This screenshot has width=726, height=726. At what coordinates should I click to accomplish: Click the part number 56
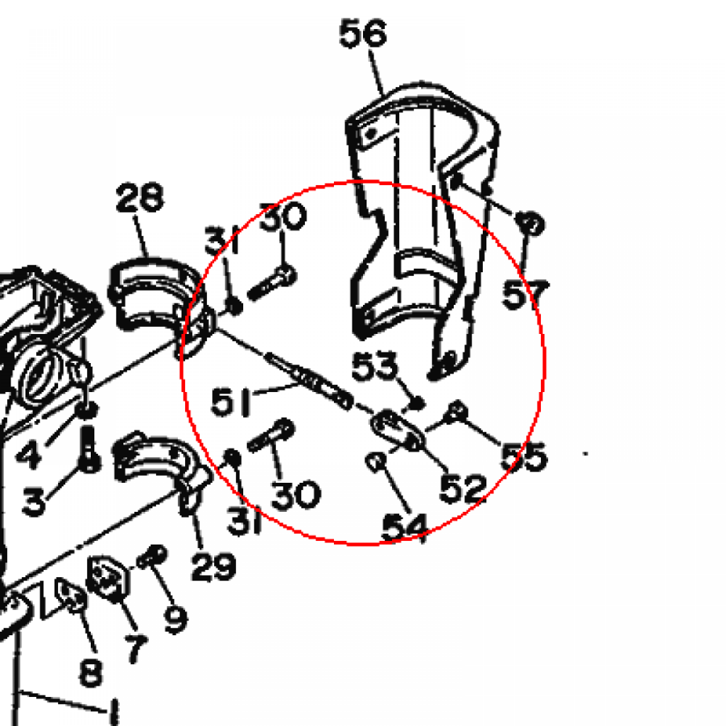click(x=362, y=33)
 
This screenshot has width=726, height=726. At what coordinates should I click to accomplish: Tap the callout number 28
click(x=140, y=197)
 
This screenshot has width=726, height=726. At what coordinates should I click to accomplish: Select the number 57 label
click(x=525, y=294)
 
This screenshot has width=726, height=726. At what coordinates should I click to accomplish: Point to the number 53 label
click(x=374, y=366)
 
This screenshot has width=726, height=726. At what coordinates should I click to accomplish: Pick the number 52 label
click(x=462, y=488)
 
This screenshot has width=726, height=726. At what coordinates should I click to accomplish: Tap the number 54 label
click(x=404, y=527)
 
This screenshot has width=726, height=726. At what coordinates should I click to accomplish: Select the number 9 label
click(x=177, y=619)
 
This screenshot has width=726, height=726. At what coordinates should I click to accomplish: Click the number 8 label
click(x=91, y=672)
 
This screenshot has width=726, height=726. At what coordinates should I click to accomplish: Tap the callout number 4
click(x=28, y=454)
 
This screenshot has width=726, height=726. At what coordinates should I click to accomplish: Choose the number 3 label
click(x=34, y=502)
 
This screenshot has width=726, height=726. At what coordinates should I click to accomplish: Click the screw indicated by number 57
click(x=530, y=223)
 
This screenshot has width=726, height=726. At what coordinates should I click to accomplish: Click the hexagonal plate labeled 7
click(x=108, y=577)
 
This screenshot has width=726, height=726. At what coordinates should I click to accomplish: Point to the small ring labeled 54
click(x=376, y=462)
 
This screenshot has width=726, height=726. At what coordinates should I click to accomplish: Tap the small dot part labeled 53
click(x=417, y=403)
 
